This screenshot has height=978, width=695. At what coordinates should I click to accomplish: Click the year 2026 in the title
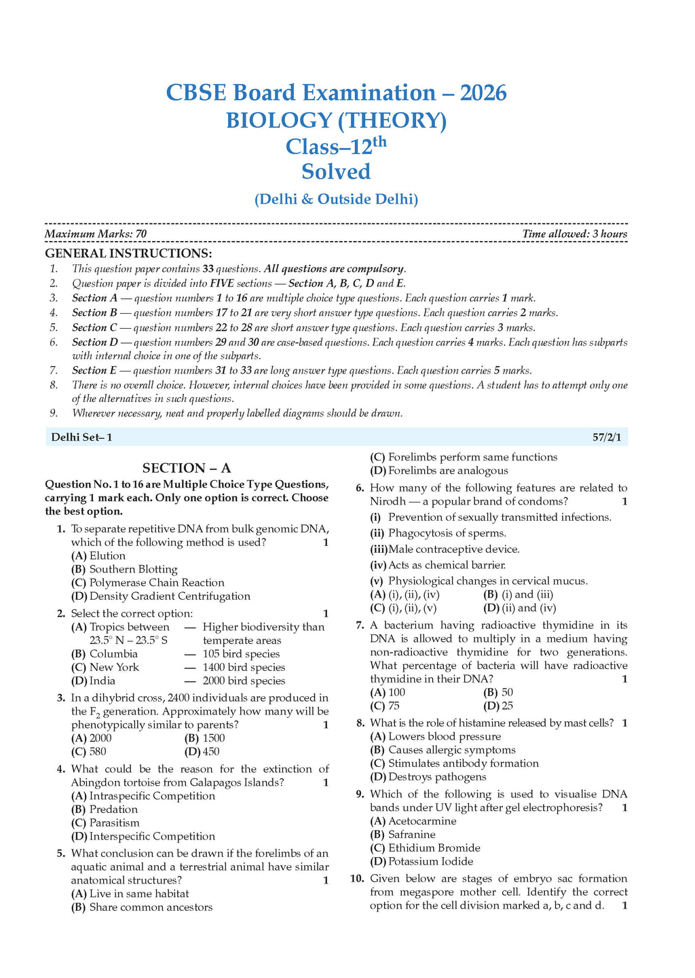pos(483,92)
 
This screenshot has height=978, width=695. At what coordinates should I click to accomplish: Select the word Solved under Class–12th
pos(336,171)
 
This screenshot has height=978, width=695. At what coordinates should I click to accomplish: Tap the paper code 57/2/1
pos(607,437)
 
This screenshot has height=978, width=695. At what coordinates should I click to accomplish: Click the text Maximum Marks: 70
pos(96,234)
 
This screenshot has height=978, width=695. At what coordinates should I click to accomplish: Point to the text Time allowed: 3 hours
pos(574,234)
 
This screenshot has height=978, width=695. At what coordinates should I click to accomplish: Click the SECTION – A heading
pos(187,468)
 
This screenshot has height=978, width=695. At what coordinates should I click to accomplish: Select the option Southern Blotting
pos(133,569)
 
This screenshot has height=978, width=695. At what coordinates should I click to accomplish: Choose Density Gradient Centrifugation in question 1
pos(170,596)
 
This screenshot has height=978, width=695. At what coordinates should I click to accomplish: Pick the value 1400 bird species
pos(244,668)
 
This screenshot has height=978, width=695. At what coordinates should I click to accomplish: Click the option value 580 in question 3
pos(98,752)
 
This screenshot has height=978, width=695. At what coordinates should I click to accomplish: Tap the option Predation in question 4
pos(113,810)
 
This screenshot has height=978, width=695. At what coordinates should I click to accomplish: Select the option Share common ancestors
pos(151,907)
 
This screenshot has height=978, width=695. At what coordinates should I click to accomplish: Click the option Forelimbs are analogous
pos(448,471)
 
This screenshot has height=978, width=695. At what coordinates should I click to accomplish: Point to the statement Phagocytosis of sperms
pos(447,533)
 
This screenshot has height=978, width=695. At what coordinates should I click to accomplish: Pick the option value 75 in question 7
pos(394,706)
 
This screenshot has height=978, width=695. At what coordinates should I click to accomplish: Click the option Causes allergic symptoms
pos(451,750)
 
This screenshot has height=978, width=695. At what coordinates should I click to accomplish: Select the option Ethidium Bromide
pos(434,848)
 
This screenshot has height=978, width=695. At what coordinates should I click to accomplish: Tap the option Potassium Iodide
pos(430,862)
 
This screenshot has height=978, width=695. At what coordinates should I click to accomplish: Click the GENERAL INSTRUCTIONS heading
pos(128,253)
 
